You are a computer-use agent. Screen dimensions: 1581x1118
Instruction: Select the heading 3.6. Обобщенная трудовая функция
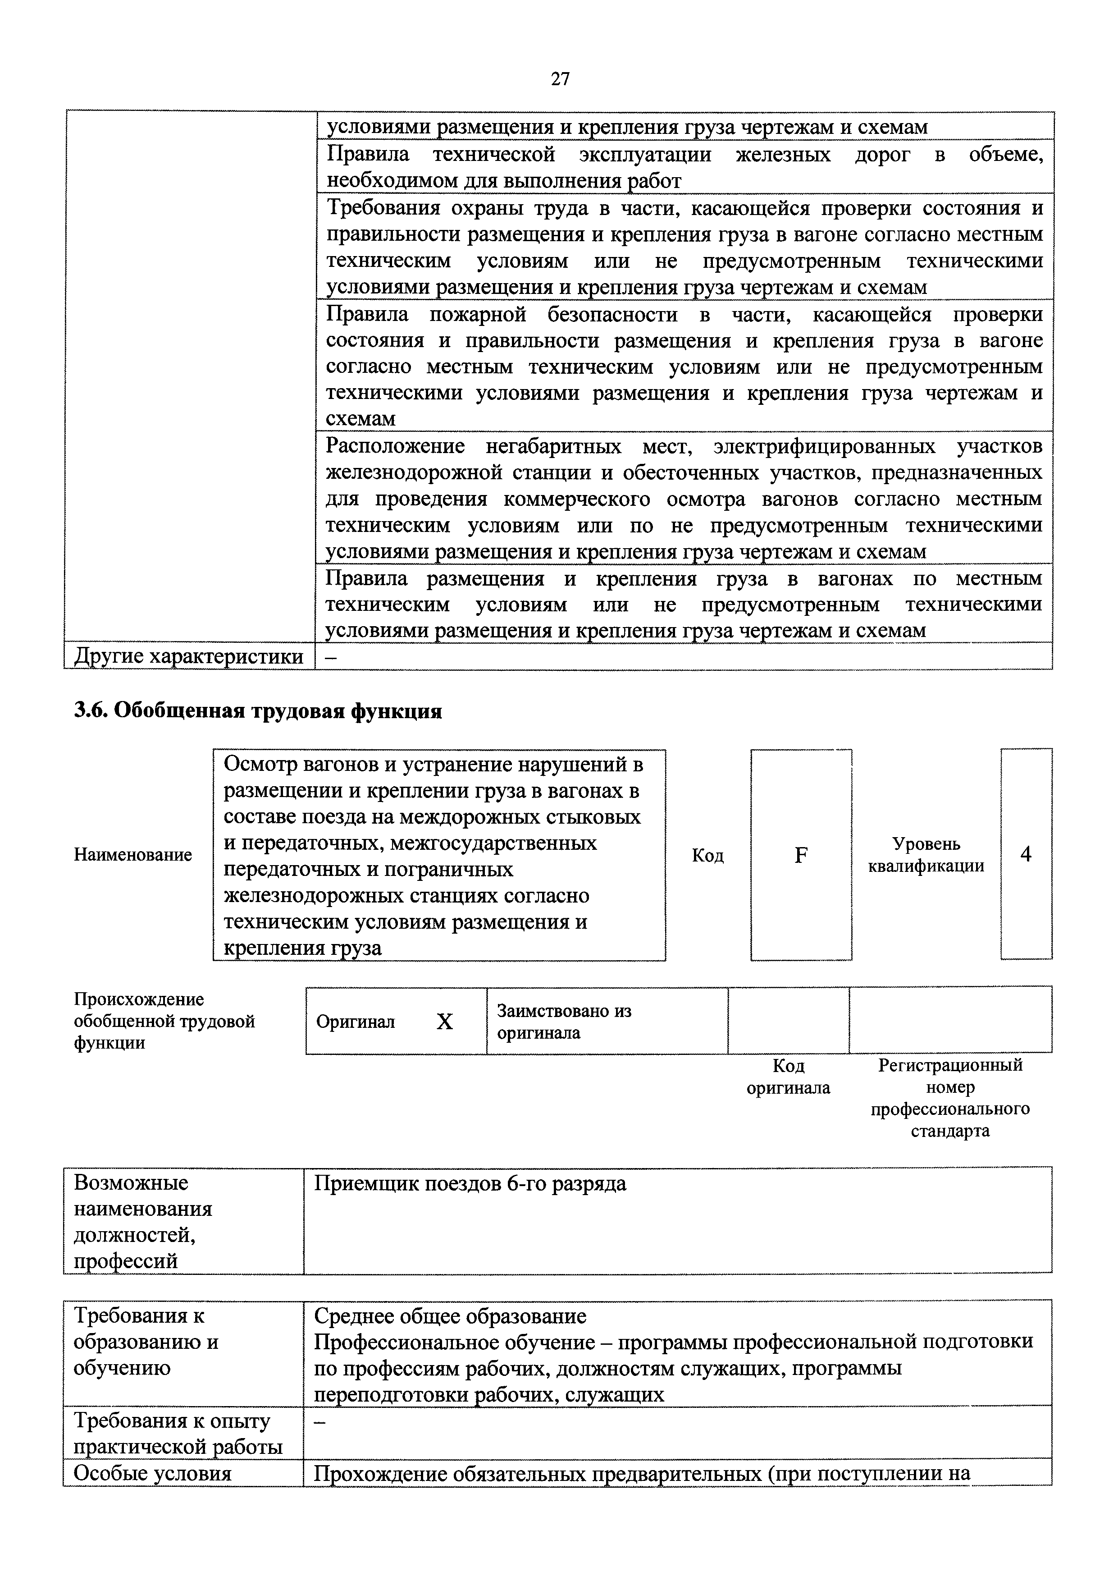tap(257, 710)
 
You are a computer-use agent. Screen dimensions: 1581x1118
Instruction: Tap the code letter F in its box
tap(801, 855)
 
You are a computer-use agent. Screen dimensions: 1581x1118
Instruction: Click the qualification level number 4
tap(1026, 855)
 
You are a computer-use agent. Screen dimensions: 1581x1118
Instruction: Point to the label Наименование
tap(133, 855)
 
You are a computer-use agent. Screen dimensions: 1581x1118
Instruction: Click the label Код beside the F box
tap(707, 855)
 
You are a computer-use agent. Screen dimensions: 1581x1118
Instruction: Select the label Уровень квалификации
tap(926, 855)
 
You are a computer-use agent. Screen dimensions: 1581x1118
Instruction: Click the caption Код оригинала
tap(788, 1077)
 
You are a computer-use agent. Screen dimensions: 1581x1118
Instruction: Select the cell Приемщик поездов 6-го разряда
tap(470, 1184)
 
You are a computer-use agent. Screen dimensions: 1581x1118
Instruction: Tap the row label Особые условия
tap(152, 1474)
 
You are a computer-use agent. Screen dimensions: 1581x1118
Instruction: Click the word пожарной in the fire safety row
tap(478, 315)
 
